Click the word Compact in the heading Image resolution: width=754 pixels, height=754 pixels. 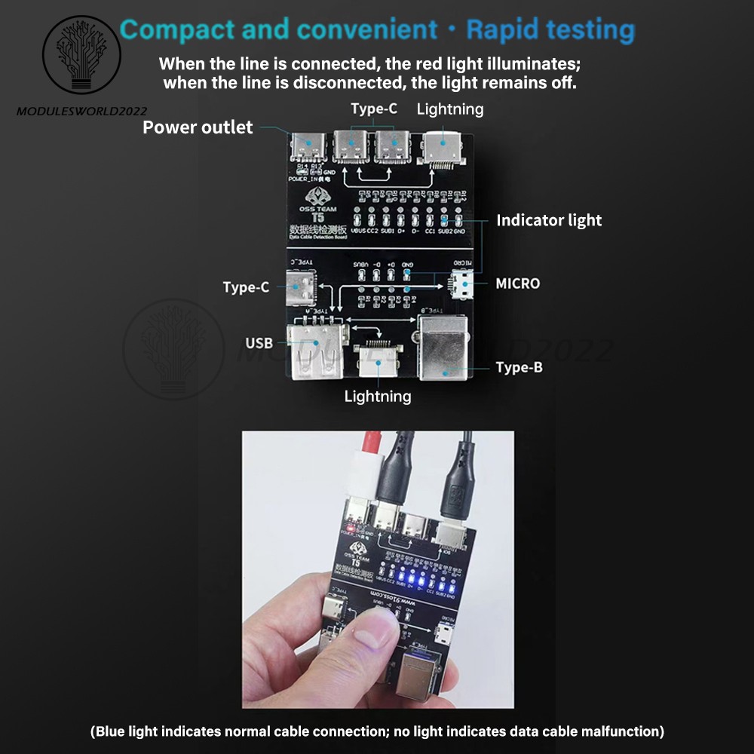(x=176, y=30)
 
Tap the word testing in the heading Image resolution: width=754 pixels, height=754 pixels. (x=590, y=30)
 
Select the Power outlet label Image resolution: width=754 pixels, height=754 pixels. (x=198, y=127)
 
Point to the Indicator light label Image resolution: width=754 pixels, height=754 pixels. (x=549, y=220)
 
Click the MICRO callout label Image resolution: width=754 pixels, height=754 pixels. (x=517, y=284)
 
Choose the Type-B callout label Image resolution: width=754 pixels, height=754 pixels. (x=519, y=367)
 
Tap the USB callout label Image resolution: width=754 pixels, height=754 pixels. (x=259, y=344)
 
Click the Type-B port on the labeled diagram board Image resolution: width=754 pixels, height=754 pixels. (x=444, y=346)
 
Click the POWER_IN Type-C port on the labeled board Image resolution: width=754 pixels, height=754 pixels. (x=309, y=147)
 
